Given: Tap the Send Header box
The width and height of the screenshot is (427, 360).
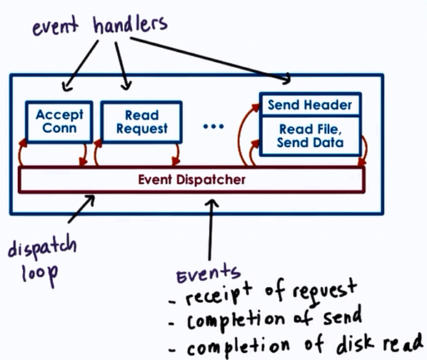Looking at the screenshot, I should tap(310, 105).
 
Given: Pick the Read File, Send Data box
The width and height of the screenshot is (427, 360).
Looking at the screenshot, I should tap(310, 136).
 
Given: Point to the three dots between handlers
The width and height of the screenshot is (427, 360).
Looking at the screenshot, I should tap(213, 126).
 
